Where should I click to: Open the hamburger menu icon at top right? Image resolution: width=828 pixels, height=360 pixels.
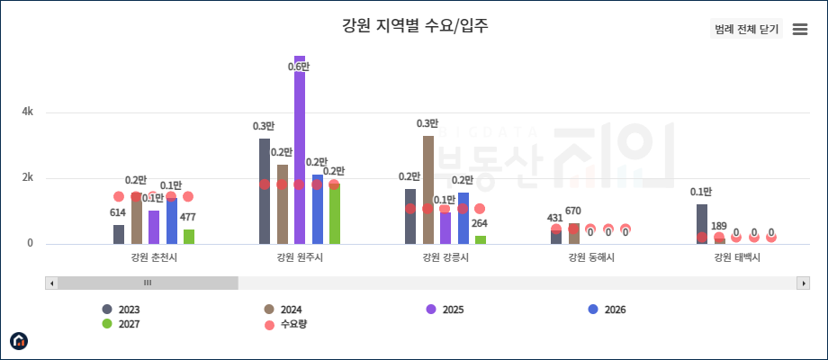point(799,29)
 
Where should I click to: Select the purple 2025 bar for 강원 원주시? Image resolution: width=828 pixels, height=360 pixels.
point(300,148)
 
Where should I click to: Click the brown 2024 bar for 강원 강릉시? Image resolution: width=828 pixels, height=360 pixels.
point(428,189)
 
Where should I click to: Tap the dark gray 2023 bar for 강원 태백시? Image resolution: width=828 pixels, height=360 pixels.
point(702,223)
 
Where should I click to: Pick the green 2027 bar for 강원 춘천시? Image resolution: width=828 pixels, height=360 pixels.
point(189,236)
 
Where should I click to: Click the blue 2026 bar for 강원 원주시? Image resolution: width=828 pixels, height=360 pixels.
point(317,209)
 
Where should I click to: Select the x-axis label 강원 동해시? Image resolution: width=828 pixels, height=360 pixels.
point(590,258)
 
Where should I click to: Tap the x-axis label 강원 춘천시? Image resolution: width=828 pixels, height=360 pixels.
point(153,258)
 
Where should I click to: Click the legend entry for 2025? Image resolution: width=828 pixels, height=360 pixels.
point(445,310)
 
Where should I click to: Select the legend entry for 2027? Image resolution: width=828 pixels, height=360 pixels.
point(121,324)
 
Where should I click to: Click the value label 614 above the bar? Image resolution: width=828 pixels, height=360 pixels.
point(118,213)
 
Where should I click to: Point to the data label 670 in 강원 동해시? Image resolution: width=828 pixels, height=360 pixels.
point(573,211)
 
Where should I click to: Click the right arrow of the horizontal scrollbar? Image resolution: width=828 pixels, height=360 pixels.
point(804,283)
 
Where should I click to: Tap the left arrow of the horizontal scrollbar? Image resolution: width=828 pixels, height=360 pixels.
point(51,283)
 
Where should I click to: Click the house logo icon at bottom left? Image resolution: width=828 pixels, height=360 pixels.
point(19,340)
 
